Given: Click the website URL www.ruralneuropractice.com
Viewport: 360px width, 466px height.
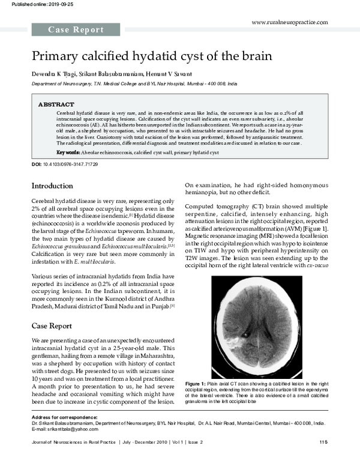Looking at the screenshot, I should [290, 22].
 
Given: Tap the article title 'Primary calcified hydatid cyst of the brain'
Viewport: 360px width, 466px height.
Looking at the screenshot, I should [152, 56].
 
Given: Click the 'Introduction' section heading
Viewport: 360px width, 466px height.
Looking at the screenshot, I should [52, 186].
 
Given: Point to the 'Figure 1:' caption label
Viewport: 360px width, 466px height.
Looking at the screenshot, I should [196, 383].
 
